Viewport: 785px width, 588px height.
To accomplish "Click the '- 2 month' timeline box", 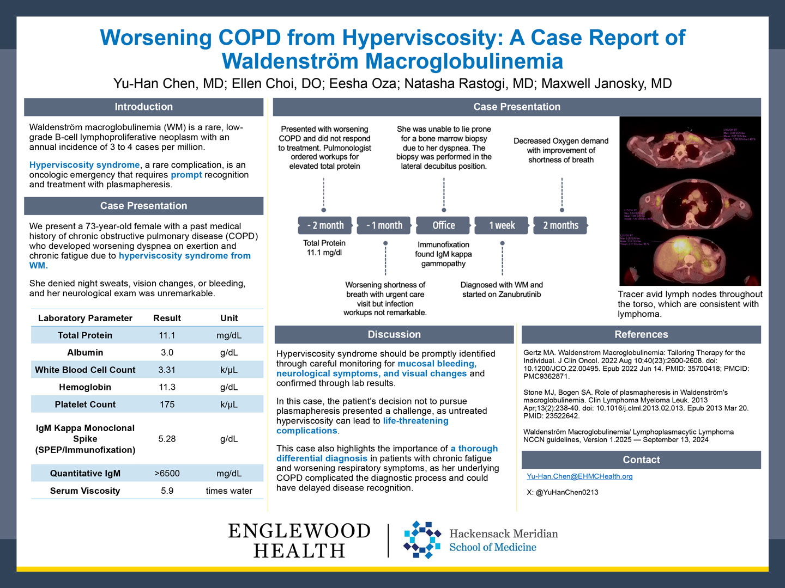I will click(325, 225).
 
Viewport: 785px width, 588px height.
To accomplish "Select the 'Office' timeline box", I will click(443, 225).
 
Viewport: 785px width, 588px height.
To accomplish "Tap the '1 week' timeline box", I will click(502, 225).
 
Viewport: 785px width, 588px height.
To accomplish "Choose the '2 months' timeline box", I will click(560, 225).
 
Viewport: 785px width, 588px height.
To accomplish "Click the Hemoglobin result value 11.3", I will click(167, 387).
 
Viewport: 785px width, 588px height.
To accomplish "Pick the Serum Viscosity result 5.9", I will click(167, 491).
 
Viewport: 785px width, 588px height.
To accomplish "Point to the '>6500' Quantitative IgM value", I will click(167, 474).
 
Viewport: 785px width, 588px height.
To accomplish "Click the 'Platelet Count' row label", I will click(85, 405).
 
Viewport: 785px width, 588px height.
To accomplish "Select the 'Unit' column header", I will click(229, 318).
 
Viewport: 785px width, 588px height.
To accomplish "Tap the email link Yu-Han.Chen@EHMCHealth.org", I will click(579, 476).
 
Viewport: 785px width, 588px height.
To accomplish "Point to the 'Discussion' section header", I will click(394, 334).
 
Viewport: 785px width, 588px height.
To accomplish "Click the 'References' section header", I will click(641, 334).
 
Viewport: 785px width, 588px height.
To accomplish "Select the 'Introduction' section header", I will click(143, 107).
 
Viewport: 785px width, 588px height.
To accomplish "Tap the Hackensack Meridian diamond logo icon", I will click(422, 540).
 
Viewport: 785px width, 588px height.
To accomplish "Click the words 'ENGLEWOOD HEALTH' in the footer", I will click(299, 540).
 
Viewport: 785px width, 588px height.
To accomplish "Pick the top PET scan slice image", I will click(690, 144).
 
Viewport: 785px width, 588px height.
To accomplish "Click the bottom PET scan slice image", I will click(690, 259).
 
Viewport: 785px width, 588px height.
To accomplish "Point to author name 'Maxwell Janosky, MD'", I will click(606, 83).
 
